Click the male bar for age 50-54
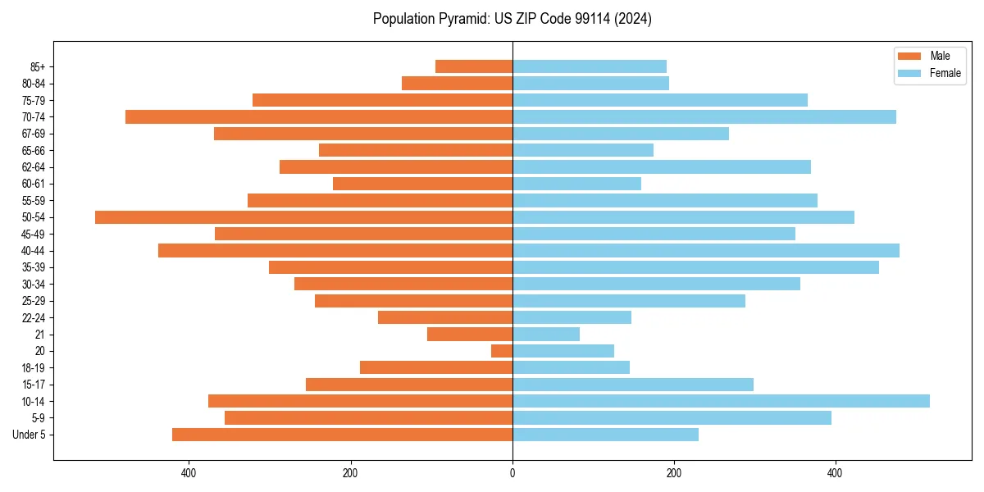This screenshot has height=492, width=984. coord(303,217)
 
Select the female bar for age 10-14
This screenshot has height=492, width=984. coord(721,401)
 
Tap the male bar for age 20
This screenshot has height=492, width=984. coord(502,351)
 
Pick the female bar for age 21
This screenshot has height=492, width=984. coord(546,334)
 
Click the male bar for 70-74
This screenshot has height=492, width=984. coord(319,117)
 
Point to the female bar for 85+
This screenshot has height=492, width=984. coord(590,66)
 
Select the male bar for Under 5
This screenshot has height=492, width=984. coord(342,435)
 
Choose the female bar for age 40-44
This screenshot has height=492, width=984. coord(706,250)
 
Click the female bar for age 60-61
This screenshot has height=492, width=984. coord(576,184)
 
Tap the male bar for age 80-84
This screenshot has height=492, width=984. coord(457,83)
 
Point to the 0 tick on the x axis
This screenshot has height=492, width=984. coord(512,474)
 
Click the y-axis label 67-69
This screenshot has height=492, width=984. coord(34,134)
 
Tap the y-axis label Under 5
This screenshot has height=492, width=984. coord(29,435)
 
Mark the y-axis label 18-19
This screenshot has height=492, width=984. coord(34,367)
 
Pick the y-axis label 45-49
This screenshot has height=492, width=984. coord(34,234)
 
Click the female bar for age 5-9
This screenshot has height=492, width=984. coord(672,417)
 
